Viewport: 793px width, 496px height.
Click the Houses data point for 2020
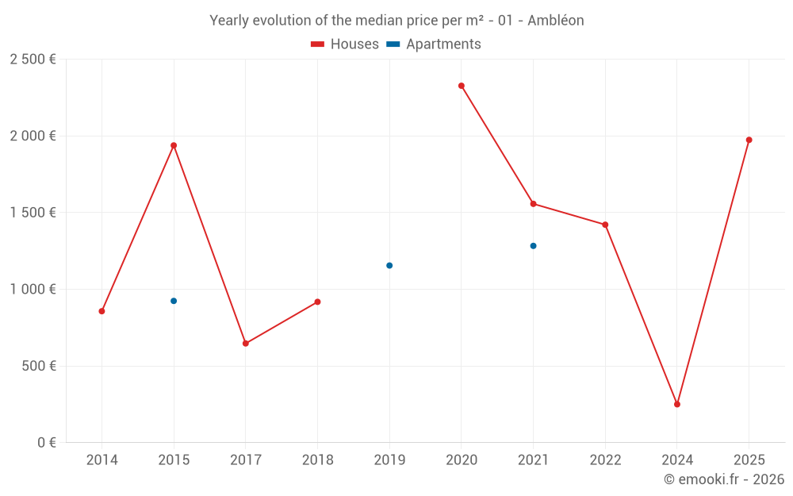tap(462, 86)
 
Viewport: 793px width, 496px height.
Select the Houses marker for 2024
tap(677, 404)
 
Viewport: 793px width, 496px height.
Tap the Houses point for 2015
tap(174, 145)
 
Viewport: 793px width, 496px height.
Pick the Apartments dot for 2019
tap(389, 265)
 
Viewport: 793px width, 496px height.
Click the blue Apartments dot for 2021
tap(533, 246)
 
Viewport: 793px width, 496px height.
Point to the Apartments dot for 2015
tap(174, 301)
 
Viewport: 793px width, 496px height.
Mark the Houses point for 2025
tap(749, 140)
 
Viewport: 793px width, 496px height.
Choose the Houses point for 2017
tap(246, 344)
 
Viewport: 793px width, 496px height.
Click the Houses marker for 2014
tap(102, 311)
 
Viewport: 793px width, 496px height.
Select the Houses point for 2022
tap(605, 225)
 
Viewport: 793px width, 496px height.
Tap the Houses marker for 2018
tap(317, 302)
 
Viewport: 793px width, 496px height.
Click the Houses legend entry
tap(345, 44)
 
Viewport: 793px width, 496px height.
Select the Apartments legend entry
tap(434, 44)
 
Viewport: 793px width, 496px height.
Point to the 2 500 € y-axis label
tap(33, 60)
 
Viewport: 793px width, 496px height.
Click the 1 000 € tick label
tap(33, 290)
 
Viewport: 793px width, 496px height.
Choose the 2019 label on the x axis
tap(389, 459)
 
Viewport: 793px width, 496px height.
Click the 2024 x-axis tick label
tap(677, 459)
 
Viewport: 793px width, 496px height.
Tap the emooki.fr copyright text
tap(724, 479)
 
